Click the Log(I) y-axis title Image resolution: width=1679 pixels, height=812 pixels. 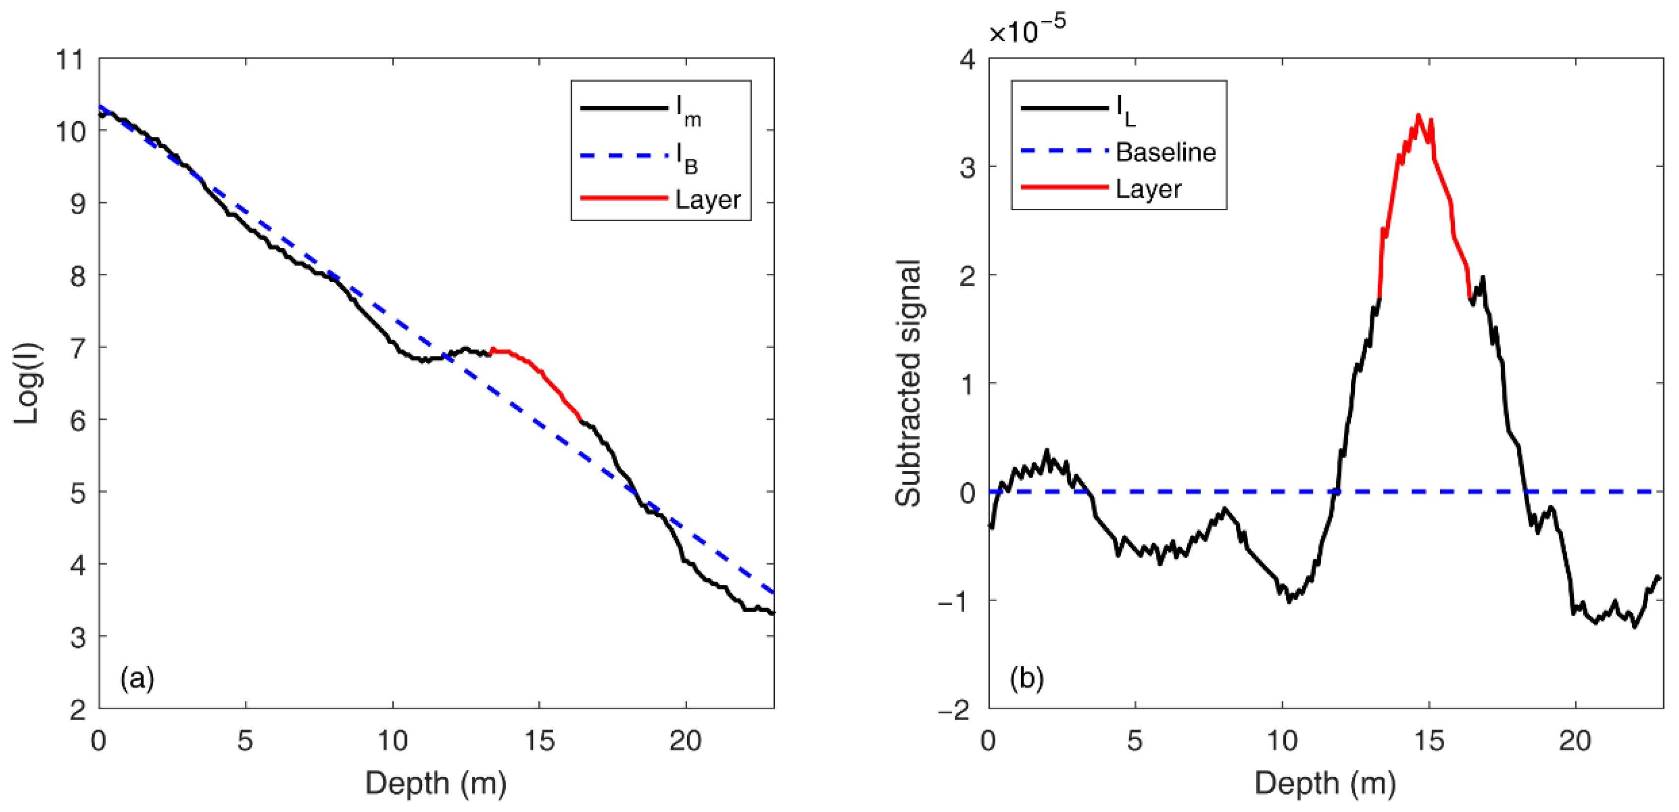coord(27,383)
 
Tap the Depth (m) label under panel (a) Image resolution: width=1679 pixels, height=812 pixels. coord(435,782)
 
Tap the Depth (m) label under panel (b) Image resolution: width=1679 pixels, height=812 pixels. coord(1325,782)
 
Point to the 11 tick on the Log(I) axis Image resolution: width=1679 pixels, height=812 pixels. coord(70,60)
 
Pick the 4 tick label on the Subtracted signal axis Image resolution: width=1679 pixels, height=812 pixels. coord(968,60)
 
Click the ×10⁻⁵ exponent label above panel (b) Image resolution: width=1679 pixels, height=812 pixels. coord(1027,29)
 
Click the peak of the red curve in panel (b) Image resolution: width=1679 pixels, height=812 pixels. coord(1418,116)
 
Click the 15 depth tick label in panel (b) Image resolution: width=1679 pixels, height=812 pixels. coord(1429,741)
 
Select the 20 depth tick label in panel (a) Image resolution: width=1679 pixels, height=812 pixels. coord(685,741)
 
